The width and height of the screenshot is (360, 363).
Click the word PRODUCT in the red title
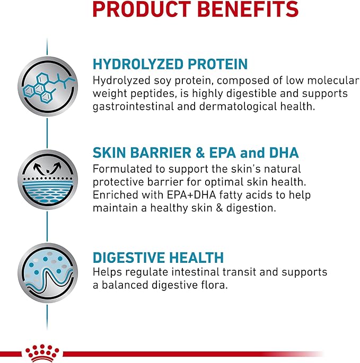click(142, 9)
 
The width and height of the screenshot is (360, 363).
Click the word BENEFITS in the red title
click(248, 9)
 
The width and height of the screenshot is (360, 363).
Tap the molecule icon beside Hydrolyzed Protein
click(48, 86)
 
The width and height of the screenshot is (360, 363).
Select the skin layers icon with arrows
click(48, 180)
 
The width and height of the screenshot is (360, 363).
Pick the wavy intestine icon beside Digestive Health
click(48, 273)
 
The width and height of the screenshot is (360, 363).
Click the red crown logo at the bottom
click(42, 353)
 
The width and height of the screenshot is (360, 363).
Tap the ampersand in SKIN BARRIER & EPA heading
click(200, 153)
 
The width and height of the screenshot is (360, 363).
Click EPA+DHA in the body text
click(191, 194)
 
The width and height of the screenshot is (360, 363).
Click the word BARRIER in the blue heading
click(161, 153)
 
